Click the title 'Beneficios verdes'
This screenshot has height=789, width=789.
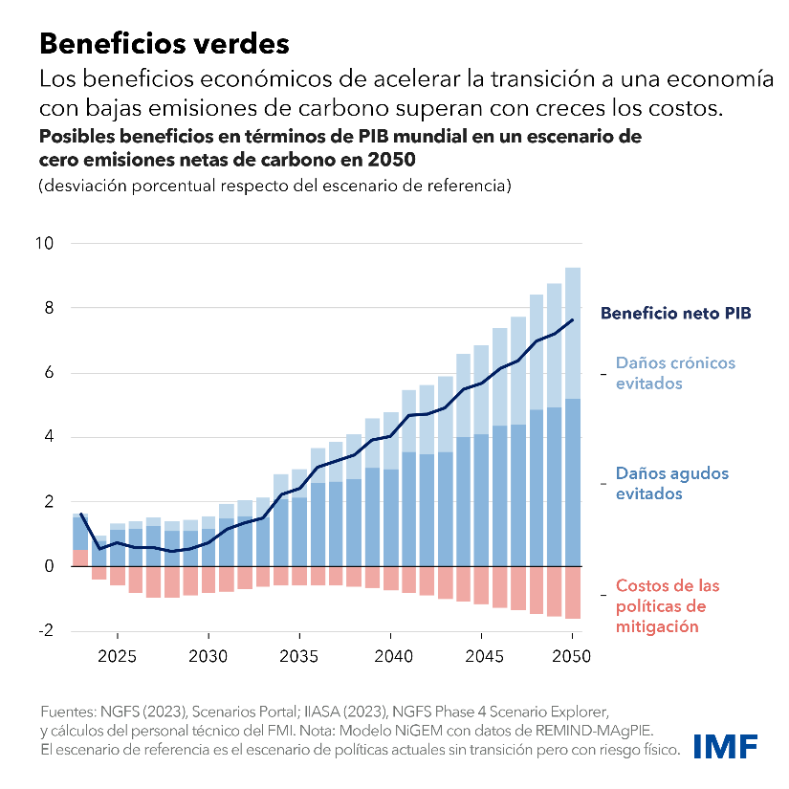(163, 43)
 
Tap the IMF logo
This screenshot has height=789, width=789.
(726, 745)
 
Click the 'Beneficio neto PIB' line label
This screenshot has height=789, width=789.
(675, 313)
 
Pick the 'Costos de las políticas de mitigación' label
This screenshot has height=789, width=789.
(667, 605)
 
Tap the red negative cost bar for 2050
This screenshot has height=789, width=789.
(573, 592)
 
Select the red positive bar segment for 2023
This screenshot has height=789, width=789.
(80, 558)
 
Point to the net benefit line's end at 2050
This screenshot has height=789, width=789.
(573, 319)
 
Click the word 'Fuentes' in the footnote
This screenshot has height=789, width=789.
(66, 712)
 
